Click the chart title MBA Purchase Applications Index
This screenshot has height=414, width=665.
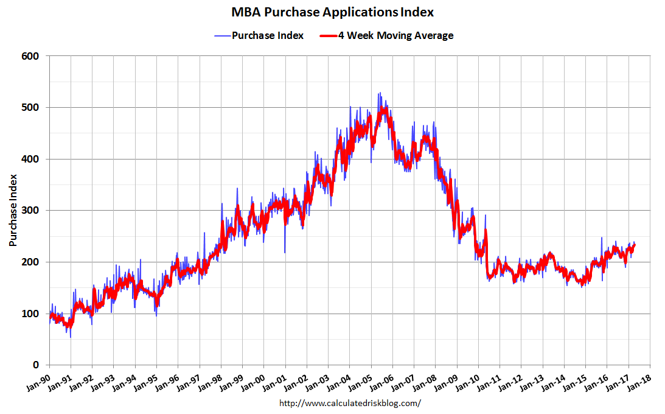pyautogui.click(x=332, y=12)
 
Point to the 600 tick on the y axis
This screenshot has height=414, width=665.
pyautogui.click(x=30, y=56)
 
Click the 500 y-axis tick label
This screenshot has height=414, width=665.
pyautogui.click(x=30, y=108)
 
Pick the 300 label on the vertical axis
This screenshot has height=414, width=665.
pyautogui.click(x=30, y=211)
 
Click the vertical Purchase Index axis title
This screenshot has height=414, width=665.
pyautogui.click(x=13, y=210)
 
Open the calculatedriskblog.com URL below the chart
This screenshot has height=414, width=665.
pyautogui.click(x=350, y=403)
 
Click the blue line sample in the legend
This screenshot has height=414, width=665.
pyautogui.click(x=222, y=35)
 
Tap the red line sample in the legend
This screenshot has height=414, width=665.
pyautogui.click(x=329, y=35)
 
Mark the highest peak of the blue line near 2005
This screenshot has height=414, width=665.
pyautogui.click(x=379, y=93)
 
